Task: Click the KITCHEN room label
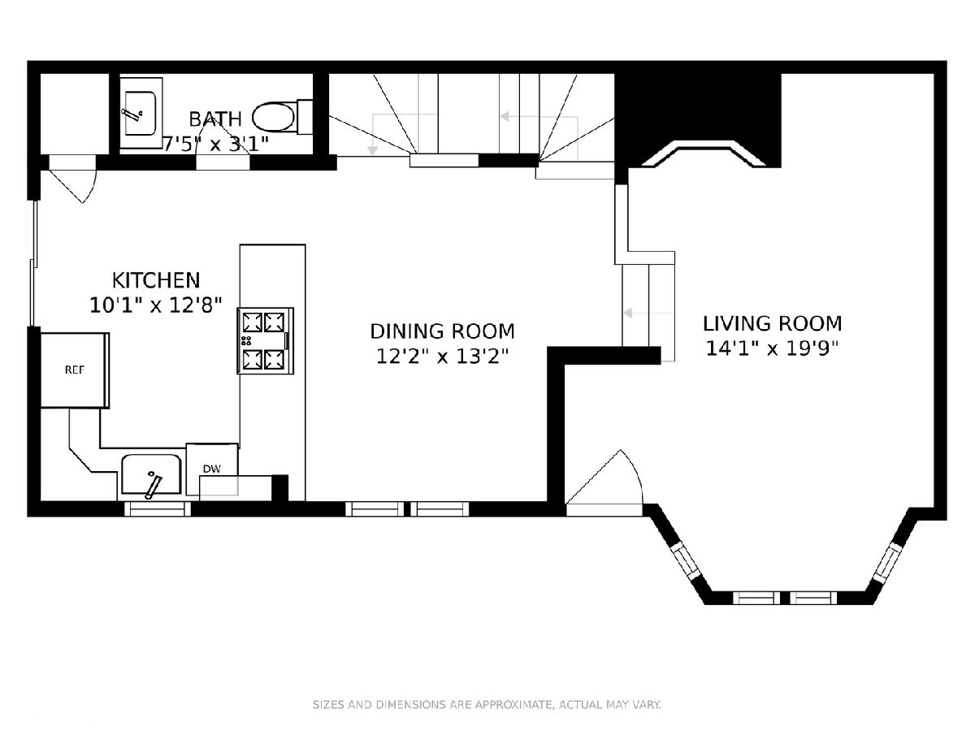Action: tap(156, 280)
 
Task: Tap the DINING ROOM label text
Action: tap(443, 331)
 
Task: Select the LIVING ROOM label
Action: tap(773, 323)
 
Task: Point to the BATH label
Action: tap(215, 119)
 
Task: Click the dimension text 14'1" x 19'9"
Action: tap(773, 348)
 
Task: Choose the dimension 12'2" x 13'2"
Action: tap(443, 356)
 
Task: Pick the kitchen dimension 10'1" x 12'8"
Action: tap(156, 305)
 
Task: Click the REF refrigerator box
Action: tap(75, 370)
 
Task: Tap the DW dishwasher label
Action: tap(212, 469)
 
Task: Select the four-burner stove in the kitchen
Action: tap(266, 341)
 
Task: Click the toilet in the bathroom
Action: tap(282, 117)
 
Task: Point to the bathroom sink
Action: tap(141, 113)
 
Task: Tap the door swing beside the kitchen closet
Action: tap(72, 179)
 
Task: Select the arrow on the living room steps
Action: tap(648, 313)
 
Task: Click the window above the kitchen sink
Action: tap(158, 509)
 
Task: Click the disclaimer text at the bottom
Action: tap(487, 705)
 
